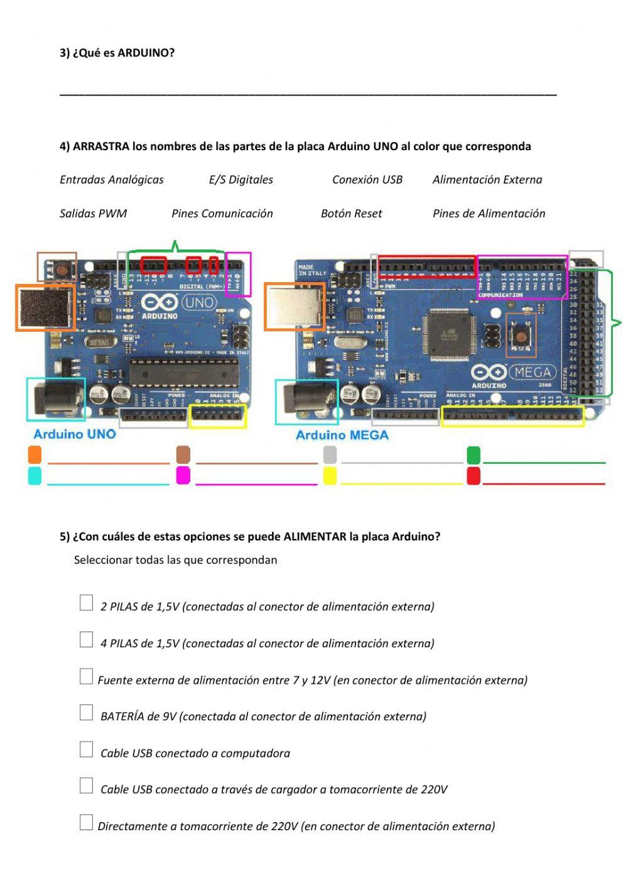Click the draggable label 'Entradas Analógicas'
click(x=111, y=180)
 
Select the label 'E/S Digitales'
click(x=241, y=180)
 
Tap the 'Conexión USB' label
click(x=367, y=180)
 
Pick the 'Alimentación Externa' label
click(x=487, y=180)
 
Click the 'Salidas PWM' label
click(x=93, y=214)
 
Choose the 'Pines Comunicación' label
click(x=222, y=214)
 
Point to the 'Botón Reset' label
click(x=351, y=214)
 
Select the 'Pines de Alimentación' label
click(x=489, y=214)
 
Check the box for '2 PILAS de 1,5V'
click(x=86, y=603)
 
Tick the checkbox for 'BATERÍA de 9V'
click(x=86, y=713)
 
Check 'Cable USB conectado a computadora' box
click(x=86, y=749)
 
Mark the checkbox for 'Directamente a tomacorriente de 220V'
click(x=86, y=822)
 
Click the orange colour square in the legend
click(x=35, y=454)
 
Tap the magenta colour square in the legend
click(x=183, y=475)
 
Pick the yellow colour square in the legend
click(x=330, y=475)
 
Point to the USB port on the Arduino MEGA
click(x=293, y=306)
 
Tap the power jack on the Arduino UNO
click(x=58, y=399)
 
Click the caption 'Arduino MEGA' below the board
click(x=342, y=435)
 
